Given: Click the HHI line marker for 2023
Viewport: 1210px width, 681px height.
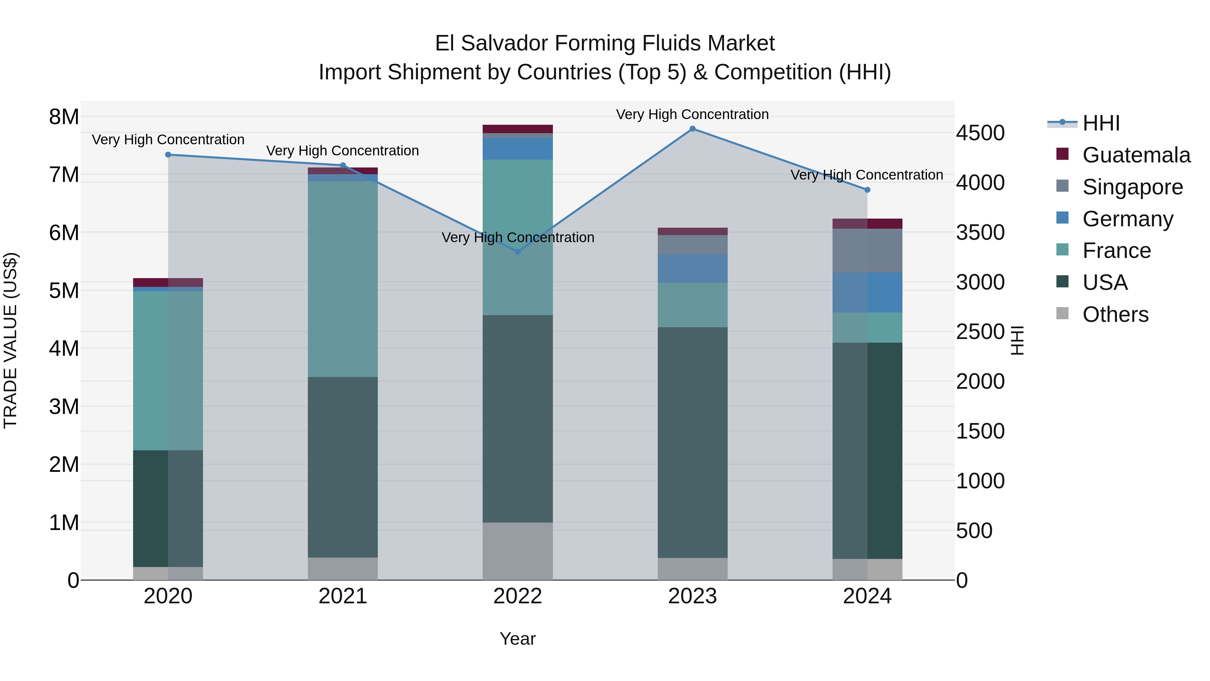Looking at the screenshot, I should click(x=692, y=129).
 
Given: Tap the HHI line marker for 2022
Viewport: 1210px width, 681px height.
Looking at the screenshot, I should click(x=518, y=252).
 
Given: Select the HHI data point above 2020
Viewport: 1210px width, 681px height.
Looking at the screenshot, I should click(x=168, y=155).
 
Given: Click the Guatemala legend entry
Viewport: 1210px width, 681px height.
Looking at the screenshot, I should click(x=1136, y=155).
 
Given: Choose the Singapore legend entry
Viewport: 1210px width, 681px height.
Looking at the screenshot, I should click(x=1132, y=187).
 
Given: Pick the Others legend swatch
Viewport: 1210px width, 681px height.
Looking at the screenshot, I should click(x=1062, y=313).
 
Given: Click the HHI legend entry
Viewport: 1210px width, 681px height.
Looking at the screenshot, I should click(x=1100, y=123).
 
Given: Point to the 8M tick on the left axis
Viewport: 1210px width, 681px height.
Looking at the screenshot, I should click(x=64, y=117).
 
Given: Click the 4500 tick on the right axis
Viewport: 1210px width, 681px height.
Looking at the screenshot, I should click(x=980, y=133).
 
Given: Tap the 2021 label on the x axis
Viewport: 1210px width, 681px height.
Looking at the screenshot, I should click(x=342, y=596).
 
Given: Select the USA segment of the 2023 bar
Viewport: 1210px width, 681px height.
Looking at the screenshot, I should click(x=692, y=442).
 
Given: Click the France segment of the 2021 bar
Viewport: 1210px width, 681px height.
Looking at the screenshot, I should click(x=342, y=279).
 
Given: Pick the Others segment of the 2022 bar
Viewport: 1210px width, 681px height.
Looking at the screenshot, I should click(x=518, y=551).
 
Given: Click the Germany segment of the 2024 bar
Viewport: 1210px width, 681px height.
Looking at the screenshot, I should click(x=867, y=292).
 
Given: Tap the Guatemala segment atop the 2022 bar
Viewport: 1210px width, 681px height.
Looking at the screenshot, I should click(x=518, y=129).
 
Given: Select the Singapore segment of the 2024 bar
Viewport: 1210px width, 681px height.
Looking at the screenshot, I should click(x=867, y=251).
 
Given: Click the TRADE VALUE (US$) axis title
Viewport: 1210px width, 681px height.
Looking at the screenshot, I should click(x=10, y=340).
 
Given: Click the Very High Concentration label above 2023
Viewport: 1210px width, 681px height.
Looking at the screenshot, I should click(x=692, y=114).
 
